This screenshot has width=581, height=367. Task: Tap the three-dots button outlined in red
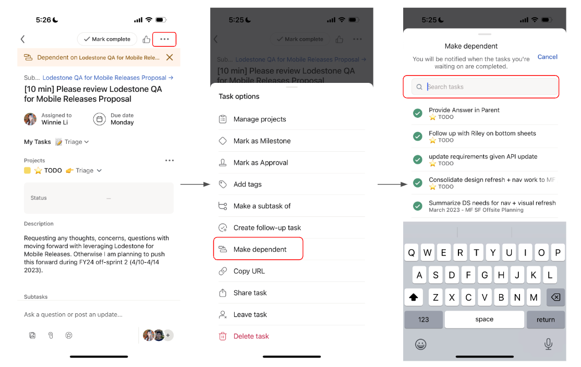click(164, 39)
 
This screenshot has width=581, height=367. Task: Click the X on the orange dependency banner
click(170, 57)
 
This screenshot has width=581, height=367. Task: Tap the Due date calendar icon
click(99, 119)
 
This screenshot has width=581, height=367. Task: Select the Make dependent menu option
click(260, 249)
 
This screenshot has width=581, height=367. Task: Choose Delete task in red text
click(251, 336)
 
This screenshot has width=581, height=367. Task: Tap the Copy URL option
click(249, 271)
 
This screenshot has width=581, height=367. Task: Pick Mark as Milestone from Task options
click(262, 141)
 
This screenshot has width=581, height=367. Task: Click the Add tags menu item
click(247, 184)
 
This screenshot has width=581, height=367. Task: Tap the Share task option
click(250, 293)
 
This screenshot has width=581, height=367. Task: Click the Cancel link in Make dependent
click(547, 57)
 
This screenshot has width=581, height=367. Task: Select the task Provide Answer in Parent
click(464, 111)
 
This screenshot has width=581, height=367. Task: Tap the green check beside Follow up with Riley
click(418, 136)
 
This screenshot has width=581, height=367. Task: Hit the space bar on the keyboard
click(484, 320)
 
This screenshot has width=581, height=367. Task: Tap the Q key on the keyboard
click(411, 253)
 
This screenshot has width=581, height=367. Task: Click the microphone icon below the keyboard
click(548, 344)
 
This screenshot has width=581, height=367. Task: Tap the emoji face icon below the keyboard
click(420, 344)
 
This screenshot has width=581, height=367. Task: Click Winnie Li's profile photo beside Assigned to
click(30, 119)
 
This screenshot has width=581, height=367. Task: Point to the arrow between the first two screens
click(195, 185)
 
